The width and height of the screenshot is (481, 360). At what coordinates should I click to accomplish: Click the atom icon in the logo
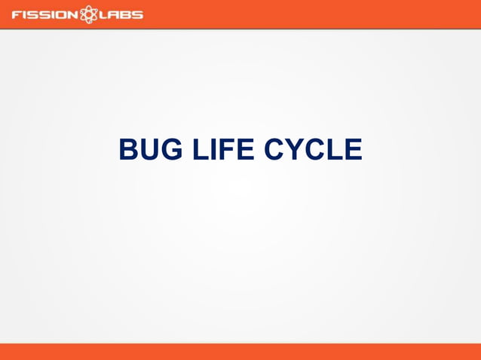point(89,14)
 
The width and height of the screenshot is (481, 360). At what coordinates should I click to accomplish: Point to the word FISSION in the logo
point(44,14)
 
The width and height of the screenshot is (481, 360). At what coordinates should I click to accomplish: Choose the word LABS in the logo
point(121,14)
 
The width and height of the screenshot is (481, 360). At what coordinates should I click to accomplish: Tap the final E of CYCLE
point(354,149)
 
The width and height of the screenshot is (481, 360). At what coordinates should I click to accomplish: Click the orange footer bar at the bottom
point(240,352)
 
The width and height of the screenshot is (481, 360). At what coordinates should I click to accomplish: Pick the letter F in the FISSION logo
point(16,14)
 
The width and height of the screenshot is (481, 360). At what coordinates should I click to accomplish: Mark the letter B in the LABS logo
point(126,14)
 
